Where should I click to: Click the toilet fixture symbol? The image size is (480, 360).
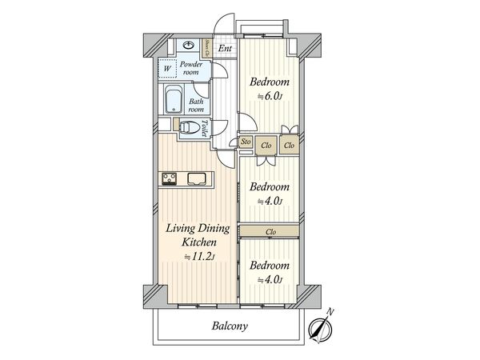pos(189,128)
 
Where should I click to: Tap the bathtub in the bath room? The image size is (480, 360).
pos(174,99)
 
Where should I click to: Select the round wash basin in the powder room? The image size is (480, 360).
pos(188,46)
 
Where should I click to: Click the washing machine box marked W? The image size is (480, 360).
pos(167,68)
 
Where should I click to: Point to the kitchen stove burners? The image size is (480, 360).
pos(169,178)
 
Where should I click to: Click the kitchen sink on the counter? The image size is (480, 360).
pos(196,179)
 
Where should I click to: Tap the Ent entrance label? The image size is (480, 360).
pos(225,48)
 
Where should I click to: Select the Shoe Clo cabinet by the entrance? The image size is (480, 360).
pos(206,48)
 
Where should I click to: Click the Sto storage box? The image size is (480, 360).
pos(246,142)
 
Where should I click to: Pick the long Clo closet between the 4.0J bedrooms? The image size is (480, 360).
pos(269,231)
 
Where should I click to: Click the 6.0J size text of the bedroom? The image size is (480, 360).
pos(270,97)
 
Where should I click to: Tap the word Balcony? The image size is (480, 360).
pos(230,326)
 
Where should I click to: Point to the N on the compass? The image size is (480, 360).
pos(330,312)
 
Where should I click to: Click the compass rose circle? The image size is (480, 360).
pos(320,329)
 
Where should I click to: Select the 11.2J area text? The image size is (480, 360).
pos(199,257)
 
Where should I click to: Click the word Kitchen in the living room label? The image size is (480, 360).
pos(199,242)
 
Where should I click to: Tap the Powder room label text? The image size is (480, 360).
pos(191,68)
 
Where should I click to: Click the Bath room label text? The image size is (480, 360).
pos(196,105)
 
